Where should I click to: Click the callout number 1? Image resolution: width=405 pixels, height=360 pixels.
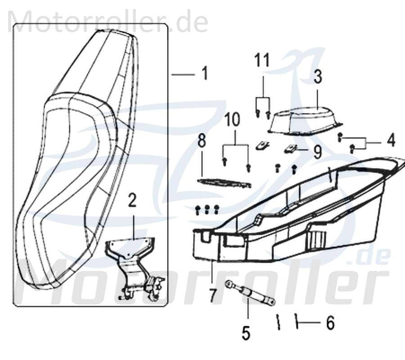pos(205,73)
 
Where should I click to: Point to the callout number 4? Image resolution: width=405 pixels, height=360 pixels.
pos(391,140)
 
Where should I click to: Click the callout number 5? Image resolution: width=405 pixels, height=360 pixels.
pos(245,333)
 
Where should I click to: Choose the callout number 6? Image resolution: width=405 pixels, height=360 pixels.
pos(330,323)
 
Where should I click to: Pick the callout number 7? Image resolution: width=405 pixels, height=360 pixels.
pos(212,295)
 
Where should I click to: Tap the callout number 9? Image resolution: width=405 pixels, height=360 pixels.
pos(318,152)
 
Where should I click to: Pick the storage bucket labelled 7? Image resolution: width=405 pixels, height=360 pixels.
pos(292,216)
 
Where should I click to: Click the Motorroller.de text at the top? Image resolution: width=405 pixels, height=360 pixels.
pos(108,22)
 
